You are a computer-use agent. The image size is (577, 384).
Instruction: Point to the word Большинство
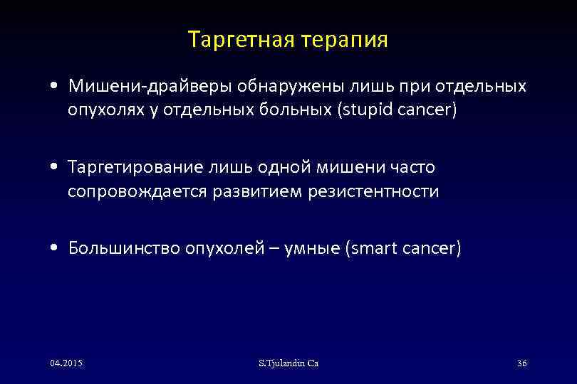[124, 248]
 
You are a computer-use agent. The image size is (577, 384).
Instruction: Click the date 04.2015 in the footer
[66, 363]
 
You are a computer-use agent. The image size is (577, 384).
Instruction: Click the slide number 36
[521, 363]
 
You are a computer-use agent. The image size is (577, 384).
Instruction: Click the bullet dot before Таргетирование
[55, 168]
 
